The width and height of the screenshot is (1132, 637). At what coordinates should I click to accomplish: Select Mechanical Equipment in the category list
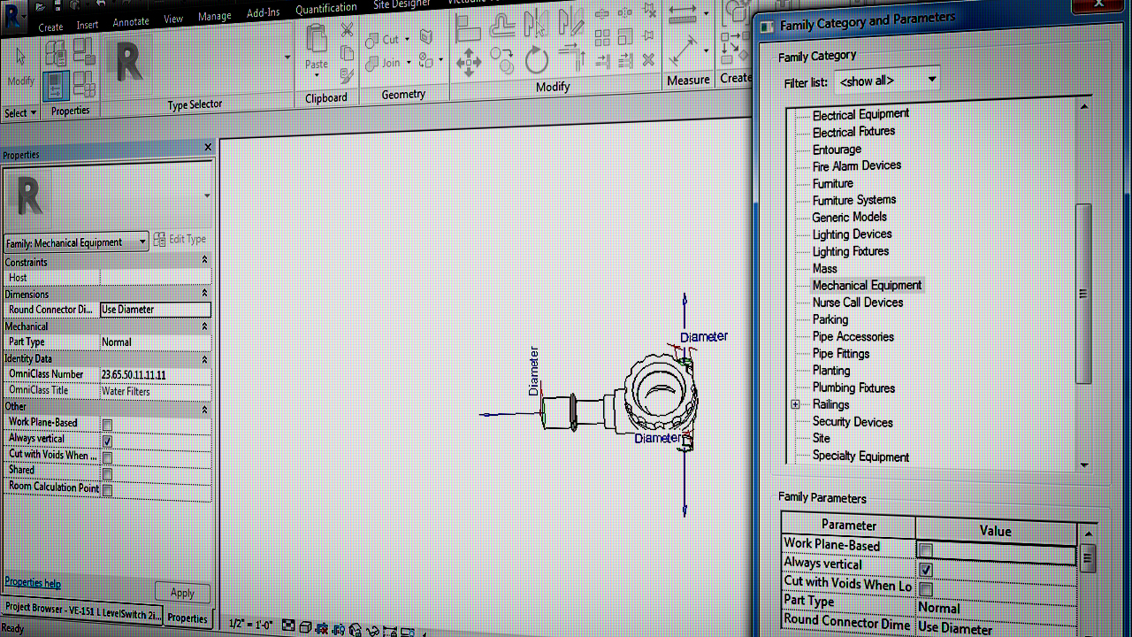(x=866, y=285)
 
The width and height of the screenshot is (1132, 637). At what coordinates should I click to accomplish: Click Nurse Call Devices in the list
(x=857, y=303)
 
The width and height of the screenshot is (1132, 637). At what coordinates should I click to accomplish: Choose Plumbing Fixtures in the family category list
(x=853, y=388)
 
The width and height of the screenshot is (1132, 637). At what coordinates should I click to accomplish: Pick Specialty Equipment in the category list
(x=860, y=457)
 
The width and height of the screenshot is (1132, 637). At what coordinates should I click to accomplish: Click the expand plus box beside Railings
(x=795, y=404)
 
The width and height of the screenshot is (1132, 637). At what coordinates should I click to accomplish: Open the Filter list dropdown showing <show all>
(x=887, y=81)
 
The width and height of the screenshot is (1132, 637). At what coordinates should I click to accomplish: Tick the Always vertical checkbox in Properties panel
(x=107, y=441)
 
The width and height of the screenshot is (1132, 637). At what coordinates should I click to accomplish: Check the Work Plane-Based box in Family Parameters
(x=926, y=550)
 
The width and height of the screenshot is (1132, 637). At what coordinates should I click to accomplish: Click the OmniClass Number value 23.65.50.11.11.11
(x=134, y=375)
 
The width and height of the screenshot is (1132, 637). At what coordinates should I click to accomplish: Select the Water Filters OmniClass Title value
(x=126, y=391)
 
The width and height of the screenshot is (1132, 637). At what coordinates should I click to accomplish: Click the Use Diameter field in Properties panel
(x=155, y=310)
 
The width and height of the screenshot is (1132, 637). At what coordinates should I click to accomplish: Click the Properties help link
(x=33, y=583)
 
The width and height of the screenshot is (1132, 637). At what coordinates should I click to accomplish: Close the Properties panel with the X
(x=208, y=147)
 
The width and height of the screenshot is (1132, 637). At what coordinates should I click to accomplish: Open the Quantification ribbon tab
(x=325, y=9)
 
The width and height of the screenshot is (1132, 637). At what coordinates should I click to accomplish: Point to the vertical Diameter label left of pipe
(x=533, y=371)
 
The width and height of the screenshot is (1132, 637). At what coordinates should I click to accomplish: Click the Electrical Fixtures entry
(x=853, y=131)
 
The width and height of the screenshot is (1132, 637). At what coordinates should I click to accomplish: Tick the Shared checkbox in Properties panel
(x=107, y=473)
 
